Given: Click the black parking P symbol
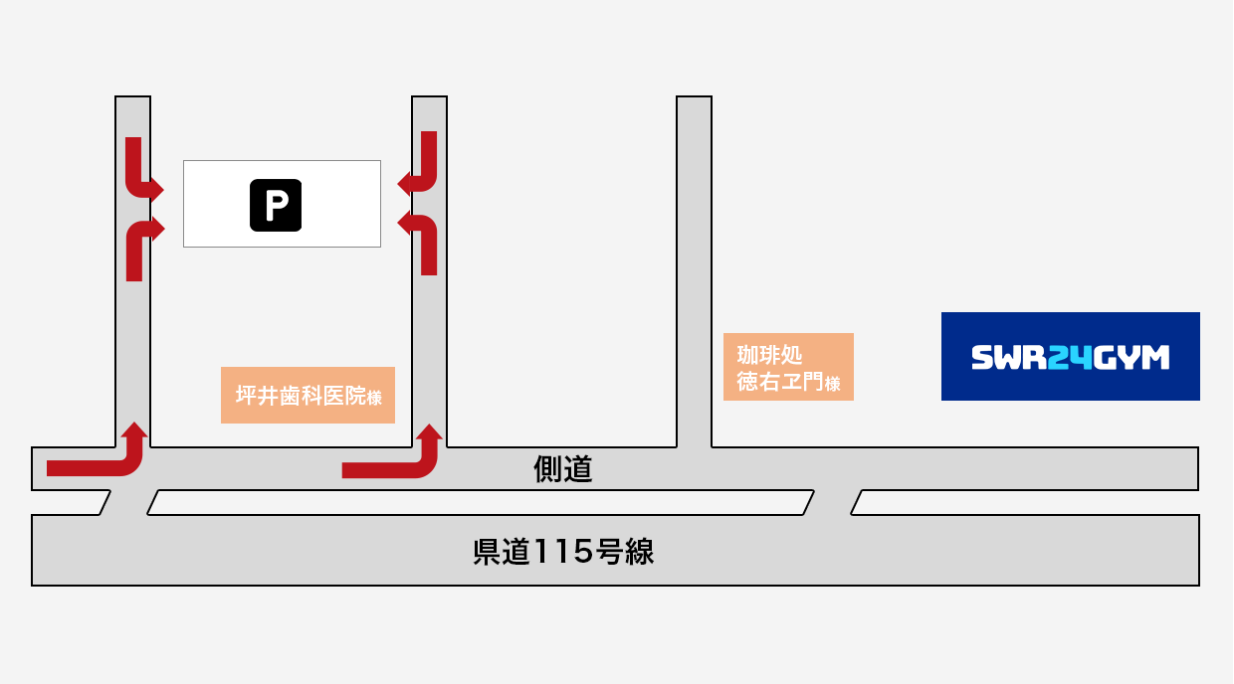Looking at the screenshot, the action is pos(276,205).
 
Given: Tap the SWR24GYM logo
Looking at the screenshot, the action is pos(1071,357).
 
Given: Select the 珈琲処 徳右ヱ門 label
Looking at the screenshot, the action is pos(788,367).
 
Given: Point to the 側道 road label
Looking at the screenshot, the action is pos(563,469).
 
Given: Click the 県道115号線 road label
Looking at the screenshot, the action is pos(563,552).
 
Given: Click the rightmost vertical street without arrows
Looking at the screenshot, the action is pos(695,271).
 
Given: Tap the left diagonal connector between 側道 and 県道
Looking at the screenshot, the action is pos(129,502).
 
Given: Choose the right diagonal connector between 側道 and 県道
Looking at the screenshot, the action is pos(832,502).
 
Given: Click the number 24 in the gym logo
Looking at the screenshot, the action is pos(1070,358).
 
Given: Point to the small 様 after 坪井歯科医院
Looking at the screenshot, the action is pos(374,398).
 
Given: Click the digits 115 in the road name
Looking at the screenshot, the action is pos(563,552).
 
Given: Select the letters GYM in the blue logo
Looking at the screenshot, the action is pos(1131,358).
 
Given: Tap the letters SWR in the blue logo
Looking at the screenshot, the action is pos(1009,358).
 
